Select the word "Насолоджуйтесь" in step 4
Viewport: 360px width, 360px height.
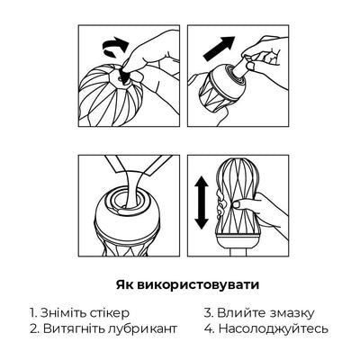point(274,329)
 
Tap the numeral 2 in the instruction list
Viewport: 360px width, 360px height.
point(31,329)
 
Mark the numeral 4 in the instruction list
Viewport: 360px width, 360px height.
point(208,329)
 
